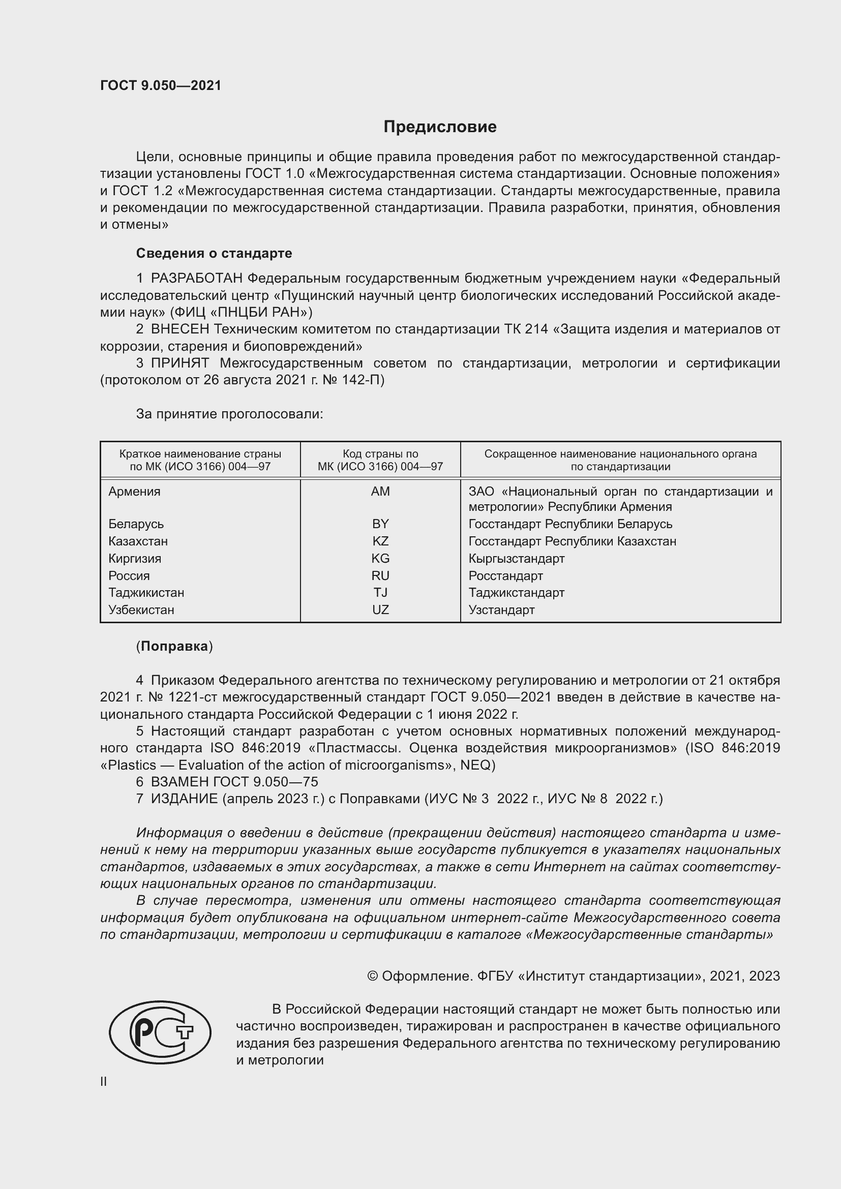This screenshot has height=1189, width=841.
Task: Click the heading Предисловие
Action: (x=440, y=127)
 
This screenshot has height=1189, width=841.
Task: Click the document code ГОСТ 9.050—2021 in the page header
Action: (x=161, y=86)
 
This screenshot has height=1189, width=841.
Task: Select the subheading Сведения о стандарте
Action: (x=214, y=253)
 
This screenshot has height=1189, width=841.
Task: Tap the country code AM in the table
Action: (x=380, y=492)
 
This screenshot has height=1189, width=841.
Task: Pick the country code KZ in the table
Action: (x=380, y=541)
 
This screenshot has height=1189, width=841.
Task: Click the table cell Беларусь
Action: (x=136, y=524)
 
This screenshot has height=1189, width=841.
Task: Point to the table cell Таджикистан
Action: (x=146, y=592)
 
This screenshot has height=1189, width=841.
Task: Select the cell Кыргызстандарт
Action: (x=516, y=558)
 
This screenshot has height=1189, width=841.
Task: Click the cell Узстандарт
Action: (x=501, y=609)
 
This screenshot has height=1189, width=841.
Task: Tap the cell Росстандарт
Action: (x=505, y=575)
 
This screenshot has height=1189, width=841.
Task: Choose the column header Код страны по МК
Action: (x=380, y=460)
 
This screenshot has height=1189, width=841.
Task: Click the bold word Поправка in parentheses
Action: (x=174, y=646)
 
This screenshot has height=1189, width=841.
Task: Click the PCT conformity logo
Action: (x=160, y=1032)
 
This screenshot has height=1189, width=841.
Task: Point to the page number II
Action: (x=104, y=1081)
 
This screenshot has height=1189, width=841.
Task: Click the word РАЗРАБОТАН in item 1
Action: (x=196, y=279)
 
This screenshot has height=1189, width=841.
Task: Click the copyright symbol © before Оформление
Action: (x=372, y=976)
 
